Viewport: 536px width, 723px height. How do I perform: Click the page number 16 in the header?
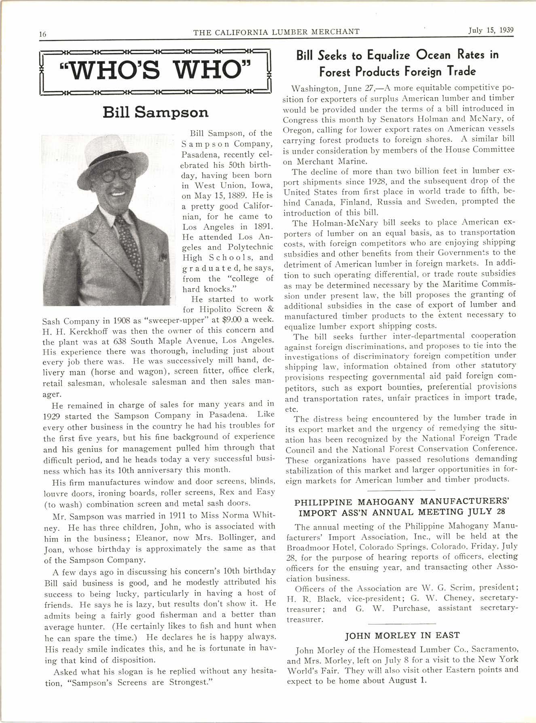tap(43, 34)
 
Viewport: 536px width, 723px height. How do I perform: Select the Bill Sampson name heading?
tap(156, 112)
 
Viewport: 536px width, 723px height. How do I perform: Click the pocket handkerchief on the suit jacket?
tap(163, 257)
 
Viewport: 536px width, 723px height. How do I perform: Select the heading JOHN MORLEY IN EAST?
tap(402, 635)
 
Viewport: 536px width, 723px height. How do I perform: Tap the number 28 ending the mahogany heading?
tap(500, 512)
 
